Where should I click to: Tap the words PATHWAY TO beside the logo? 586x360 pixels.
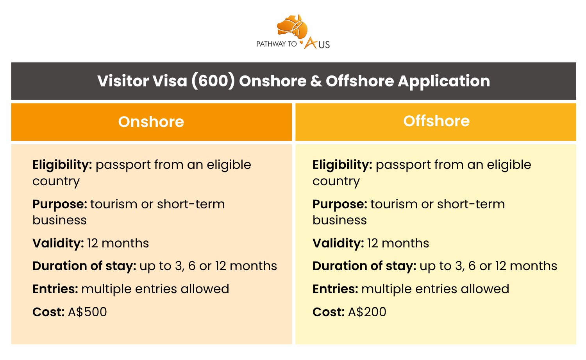point(277,44)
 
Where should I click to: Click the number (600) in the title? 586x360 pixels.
point(213,81)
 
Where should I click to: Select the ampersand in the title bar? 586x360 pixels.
point(316,81)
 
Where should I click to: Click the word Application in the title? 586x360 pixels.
point(444,81)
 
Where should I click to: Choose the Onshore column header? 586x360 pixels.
point(151,122)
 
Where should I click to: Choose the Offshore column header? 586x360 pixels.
point(436,121)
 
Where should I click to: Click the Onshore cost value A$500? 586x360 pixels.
point(88,312)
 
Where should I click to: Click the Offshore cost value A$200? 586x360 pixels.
point(367,312)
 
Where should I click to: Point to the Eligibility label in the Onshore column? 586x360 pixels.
point(62,165)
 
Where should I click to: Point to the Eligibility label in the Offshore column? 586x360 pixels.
point(343,165)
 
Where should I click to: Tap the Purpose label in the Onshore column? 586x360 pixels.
point(60,204)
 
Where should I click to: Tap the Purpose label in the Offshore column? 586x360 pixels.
point(340,204)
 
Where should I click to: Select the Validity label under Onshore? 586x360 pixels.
point(58,243)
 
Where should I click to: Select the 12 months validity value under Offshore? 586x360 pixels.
point(398,243)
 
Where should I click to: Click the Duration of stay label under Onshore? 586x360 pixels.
point(84,266)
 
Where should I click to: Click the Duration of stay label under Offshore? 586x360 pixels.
point(364,266)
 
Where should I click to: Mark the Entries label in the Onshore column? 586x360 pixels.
point(55,289)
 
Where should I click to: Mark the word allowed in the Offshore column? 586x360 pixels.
point(485,289)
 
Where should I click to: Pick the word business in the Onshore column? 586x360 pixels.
point(59,220)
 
